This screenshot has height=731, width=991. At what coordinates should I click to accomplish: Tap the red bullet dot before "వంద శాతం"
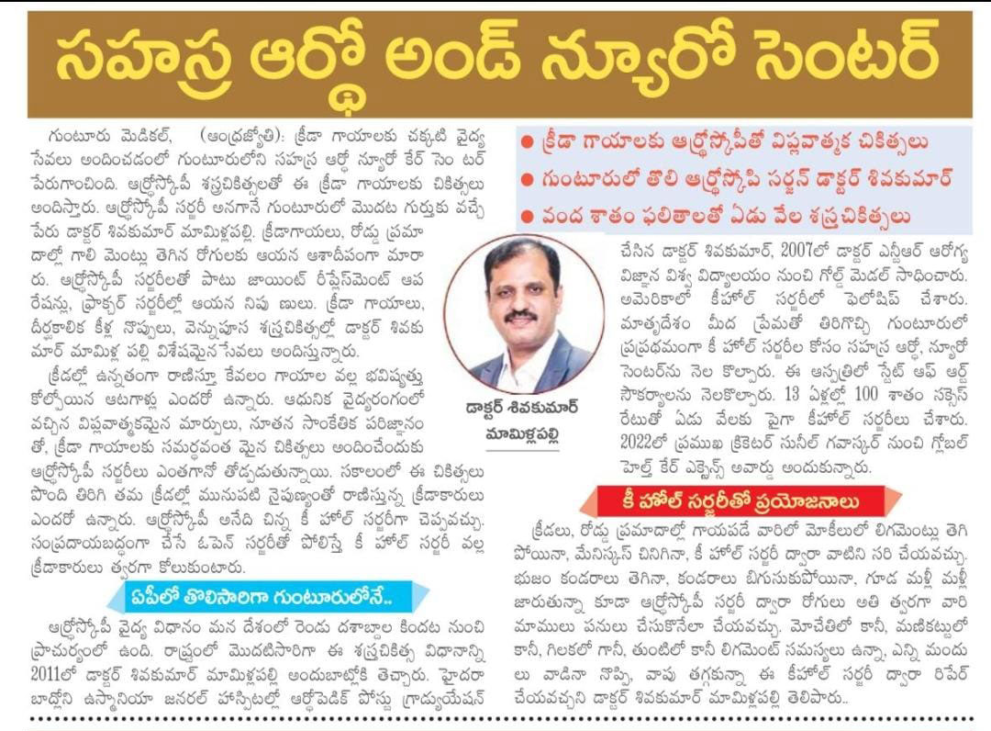point(526,216)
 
